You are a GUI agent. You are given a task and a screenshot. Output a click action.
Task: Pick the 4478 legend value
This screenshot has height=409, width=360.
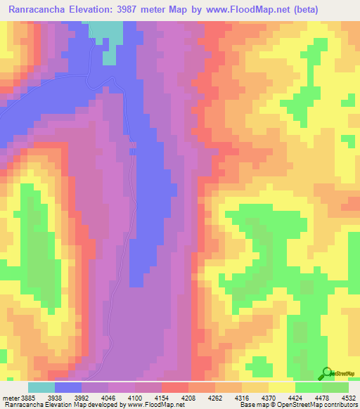321,398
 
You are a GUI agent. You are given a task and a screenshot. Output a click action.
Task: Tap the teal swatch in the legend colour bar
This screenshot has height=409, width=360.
41,387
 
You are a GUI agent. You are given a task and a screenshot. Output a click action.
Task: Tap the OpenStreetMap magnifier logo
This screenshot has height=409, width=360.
328,372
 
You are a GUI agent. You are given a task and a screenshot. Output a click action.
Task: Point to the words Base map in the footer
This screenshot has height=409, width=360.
252,405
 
